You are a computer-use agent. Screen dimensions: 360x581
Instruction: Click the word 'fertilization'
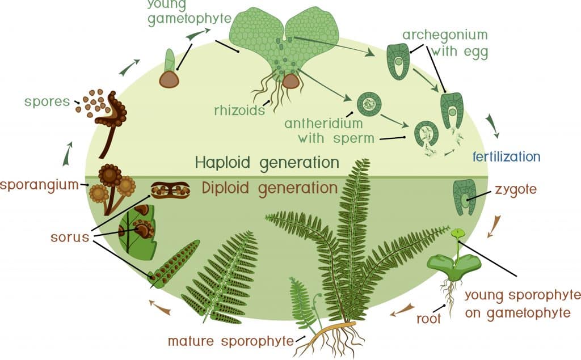[506, 156]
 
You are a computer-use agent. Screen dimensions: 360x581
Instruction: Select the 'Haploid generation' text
[267, 163]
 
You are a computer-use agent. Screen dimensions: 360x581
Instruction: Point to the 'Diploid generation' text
[266, 187]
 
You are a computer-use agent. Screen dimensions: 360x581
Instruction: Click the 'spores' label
[46, 103]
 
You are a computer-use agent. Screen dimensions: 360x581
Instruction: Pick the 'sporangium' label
[39, 185]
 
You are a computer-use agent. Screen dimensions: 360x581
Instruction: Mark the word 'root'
[428, 319]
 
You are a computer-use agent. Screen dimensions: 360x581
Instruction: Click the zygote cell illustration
[465, 197]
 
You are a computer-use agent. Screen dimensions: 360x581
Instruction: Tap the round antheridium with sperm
[369, 104]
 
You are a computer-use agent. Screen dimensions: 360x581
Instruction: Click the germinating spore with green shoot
[169, 71]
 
